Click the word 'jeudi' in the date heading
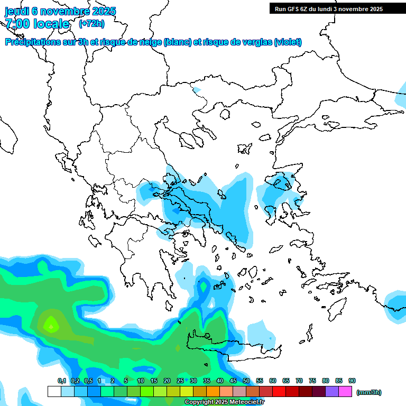coord(17,11)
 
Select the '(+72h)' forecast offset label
coord(91,24)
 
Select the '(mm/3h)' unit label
coord(368,392)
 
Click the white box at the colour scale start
coord(54,392)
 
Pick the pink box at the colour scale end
coord(345,392)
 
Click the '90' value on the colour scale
coord(352,381)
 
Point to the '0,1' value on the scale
coord(62,381)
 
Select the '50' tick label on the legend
coord(246,381)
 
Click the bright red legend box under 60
coord(279,392)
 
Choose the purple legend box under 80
coord(332,392)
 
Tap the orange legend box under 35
coord(213,392)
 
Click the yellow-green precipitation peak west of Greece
coord(51,323)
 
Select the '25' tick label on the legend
coord(180,381)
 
